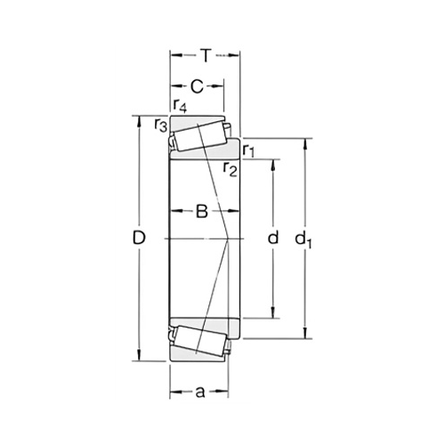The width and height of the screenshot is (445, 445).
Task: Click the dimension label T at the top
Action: click(x=206, y=56)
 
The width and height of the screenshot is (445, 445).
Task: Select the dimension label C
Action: click(x=197, y=86)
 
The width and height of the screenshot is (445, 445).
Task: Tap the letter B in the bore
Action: click(x=202, y=212)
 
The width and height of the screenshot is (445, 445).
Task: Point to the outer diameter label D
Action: click(x=139, y=238)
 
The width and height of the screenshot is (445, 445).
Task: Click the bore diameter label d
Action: click(x=273, y=238)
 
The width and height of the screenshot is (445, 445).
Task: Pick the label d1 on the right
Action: click(x=303, y=239)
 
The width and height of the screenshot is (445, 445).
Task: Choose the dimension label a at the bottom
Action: click(x=200, y=392)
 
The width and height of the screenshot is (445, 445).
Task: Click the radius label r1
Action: click(x=248, y=150)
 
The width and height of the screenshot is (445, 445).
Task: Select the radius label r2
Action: click(x=231, y=170)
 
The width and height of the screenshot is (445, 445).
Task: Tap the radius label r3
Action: click(x=161, y=125)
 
